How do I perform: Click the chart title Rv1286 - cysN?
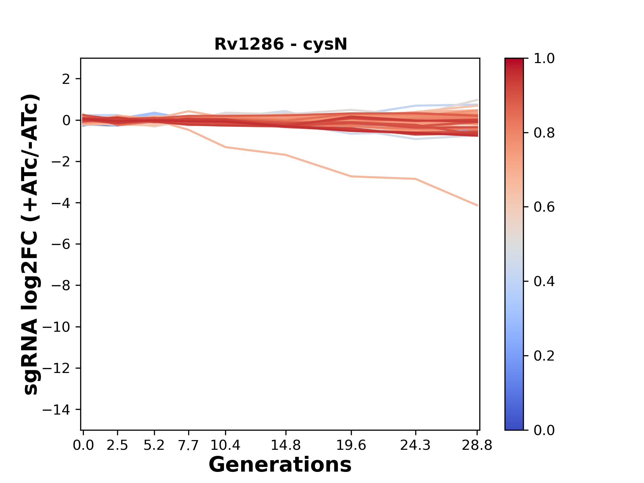280,44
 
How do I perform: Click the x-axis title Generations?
280,465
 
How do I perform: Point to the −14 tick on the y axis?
60,410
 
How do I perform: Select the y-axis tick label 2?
66,79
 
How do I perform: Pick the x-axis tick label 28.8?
477,445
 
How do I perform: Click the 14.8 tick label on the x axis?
285,445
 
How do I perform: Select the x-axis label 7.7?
189,445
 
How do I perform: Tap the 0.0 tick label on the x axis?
83,445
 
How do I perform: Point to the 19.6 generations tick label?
351,445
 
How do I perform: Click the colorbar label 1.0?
544,59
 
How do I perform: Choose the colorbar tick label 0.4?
544,281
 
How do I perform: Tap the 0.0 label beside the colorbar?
544,430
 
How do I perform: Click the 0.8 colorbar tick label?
544,133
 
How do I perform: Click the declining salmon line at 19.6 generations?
351,176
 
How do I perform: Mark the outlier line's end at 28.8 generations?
477,205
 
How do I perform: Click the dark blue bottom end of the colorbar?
514,426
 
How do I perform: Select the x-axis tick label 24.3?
416,445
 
